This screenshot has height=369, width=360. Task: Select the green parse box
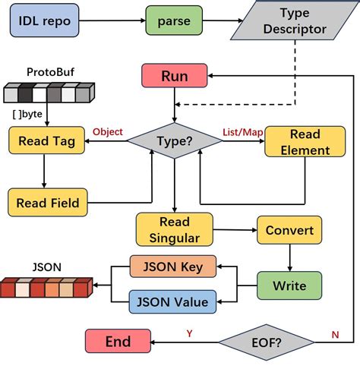(x=174, y=21)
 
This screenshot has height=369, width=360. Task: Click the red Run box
(x=174, y=76)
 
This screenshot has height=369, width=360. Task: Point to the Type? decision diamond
(x=175, y=140)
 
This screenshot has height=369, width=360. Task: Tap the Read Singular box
(x=174, y=230)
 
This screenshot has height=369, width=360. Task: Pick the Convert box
(x=288, y=230)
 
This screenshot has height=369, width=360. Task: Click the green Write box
(x=288, y=285)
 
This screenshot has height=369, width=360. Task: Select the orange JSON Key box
(x=173, y=266)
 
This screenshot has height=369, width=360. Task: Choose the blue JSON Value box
(x=173, y=301)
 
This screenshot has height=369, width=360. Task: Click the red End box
(x=118, y=342)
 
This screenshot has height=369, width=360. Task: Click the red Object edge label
(x=107, y=131)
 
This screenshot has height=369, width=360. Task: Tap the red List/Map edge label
(x=242, y=131)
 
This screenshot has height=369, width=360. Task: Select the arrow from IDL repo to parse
(x=112, y=21)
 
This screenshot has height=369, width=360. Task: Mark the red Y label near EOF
(x=189, y=333)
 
